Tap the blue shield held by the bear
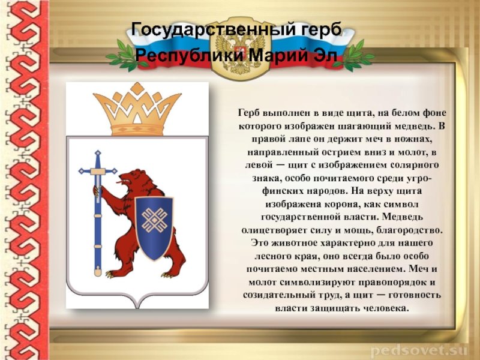[x=154, y=227]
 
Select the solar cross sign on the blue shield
[x=154, y=220]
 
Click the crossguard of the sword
[x=98, y=171]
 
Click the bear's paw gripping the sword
[x=97, y=191]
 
